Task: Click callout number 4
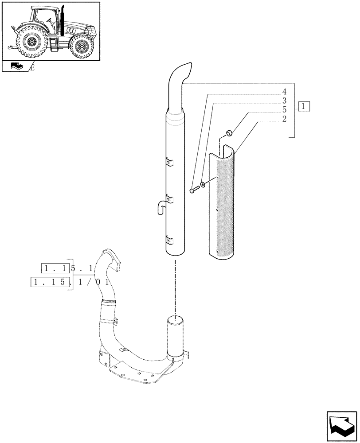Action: pyautogui.click(x=284, y=92)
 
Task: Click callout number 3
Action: pyautogui.click(x=284, y=101)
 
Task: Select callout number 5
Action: pyautogui.click(x=284, y=109)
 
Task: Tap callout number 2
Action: pyautogui.click(x=284, y=119)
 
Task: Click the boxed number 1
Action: pyautogui.click(x=304, y=106)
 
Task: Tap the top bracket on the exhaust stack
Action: pyautogui.click(x=168, y=163)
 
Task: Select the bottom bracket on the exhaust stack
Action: pyautogui.click(x=168, y=241)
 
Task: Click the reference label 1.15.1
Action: pyautogui.click(x=67, y=268)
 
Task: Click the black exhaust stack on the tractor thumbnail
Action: pyautogui.click(x=63, y=21)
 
